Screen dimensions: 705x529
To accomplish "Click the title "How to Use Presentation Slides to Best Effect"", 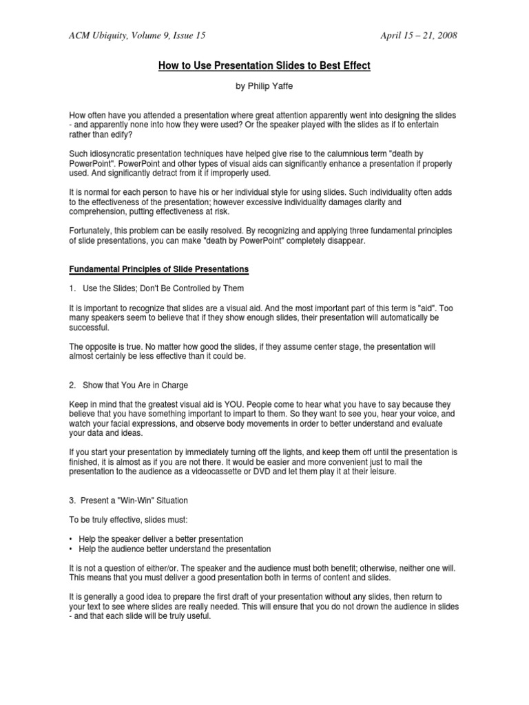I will pyautogui.click(x=264, y=66).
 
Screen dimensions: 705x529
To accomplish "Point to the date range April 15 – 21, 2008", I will pyautogui.click(x=418, y=35).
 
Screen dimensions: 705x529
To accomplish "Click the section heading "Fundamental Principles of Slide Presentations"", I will pyautogui.click(x=159, y=268).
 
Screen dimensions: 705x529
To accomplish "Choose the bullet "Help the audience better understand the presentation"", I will pyautogui.click(x=176, y=549).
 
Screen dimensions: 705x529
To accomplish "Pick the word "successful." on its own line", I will pyautogui.click(x=91, y=327).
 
